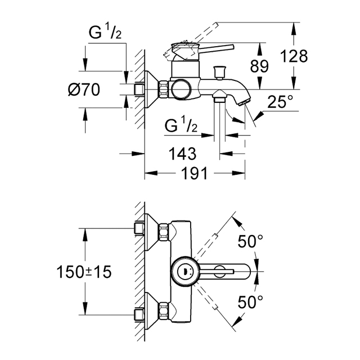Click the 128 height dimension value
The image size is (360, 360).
click(x=294, y=56)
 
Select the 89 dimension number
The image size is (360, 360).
click(x=259, y=66)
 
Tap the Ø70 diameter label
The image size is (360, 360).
click(x=84, y=89)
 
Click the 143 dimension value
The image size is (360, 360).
click(x=182, y=154)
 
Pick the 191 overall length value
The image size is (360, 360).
click(x=194, y=173)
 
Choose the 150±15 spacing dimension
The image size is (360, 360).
click(x=84, y=272)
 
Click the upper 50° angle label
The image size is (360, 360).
click(x=250, y=241)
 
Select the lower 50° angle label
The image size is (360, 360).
click(x=250, y=302)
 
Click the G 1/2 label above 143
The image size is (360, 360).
click(x=181, y=125)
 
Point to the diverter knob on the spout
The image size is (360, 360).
click(x=219, y=73)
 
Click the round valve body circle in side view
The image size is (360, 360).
click(x=181, y=89)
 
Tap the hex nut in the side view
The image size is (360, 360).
click(x=164, y=89)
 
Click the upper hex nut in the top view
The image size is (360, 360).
click(x=164, y=232)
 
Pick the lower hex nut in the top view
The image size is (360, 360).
click(x=164, y=311)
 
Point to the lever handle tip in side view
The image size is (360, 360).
click(x=232, y=47)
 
